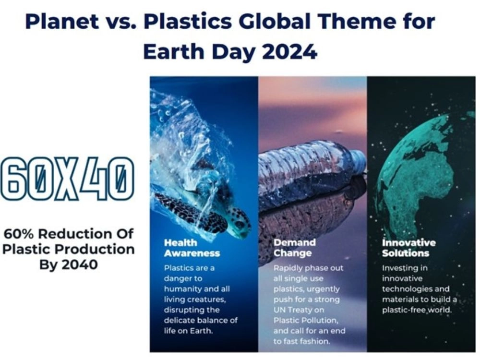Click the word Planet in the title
tap(62, 22)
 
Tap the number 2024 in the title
tap(289, 51)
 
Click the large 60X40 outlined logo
tap(67, 179)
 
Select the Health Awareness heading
tap(192, 248)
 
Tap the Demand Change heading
tap(295, 248)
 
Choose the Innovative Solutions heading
tap(408, 248)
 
